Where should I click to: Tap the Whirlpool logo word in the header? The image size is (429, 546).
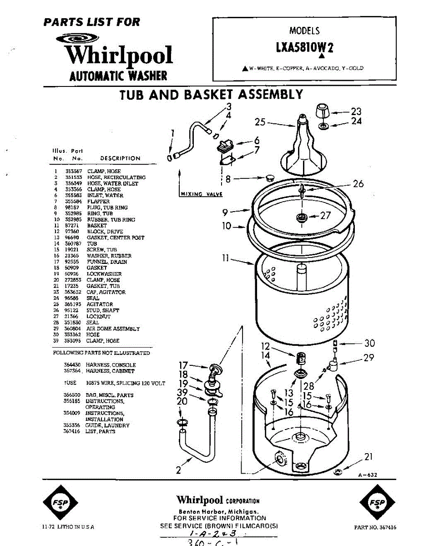coord(119,56)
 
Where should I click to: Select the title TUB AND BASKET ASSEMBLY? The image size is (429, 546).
coord(211,95)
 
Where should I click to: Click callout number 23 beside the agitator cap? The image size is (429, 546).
coord(356,111)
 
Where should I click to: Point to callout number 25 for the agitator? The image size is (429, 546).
coord(260,122)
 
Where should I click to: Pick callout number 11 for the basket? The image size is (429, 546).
coord(225,258)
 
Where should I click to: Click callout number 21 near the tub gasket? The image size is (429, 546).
coord(368,457)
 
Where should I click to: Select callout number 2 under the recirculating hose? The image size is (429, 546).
coord(179,470)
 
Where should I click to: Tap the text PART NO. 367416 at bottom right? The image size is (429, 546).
coord(375,527)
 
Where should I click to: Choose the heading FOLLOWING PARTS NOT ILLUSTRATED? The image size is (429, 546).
coord(101,353)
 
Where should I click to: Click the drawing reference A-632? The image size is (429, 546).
coord(368,475)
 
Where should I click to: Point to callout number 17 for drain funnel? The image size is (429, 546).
coord(183,364)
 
